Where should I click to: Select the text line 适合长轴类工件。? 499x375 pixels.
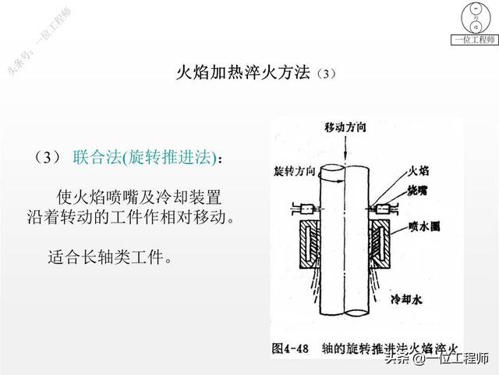tap(109, 256)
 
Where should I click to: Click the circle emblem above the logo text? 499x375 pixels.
tap(472, 16)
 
